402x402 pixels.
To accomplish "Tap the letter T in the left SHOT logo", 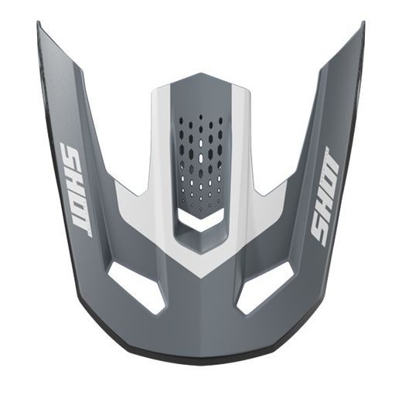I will [x=83, y=225].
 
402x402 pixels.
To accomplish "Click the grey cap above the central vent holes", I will [x=199, y=89].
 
